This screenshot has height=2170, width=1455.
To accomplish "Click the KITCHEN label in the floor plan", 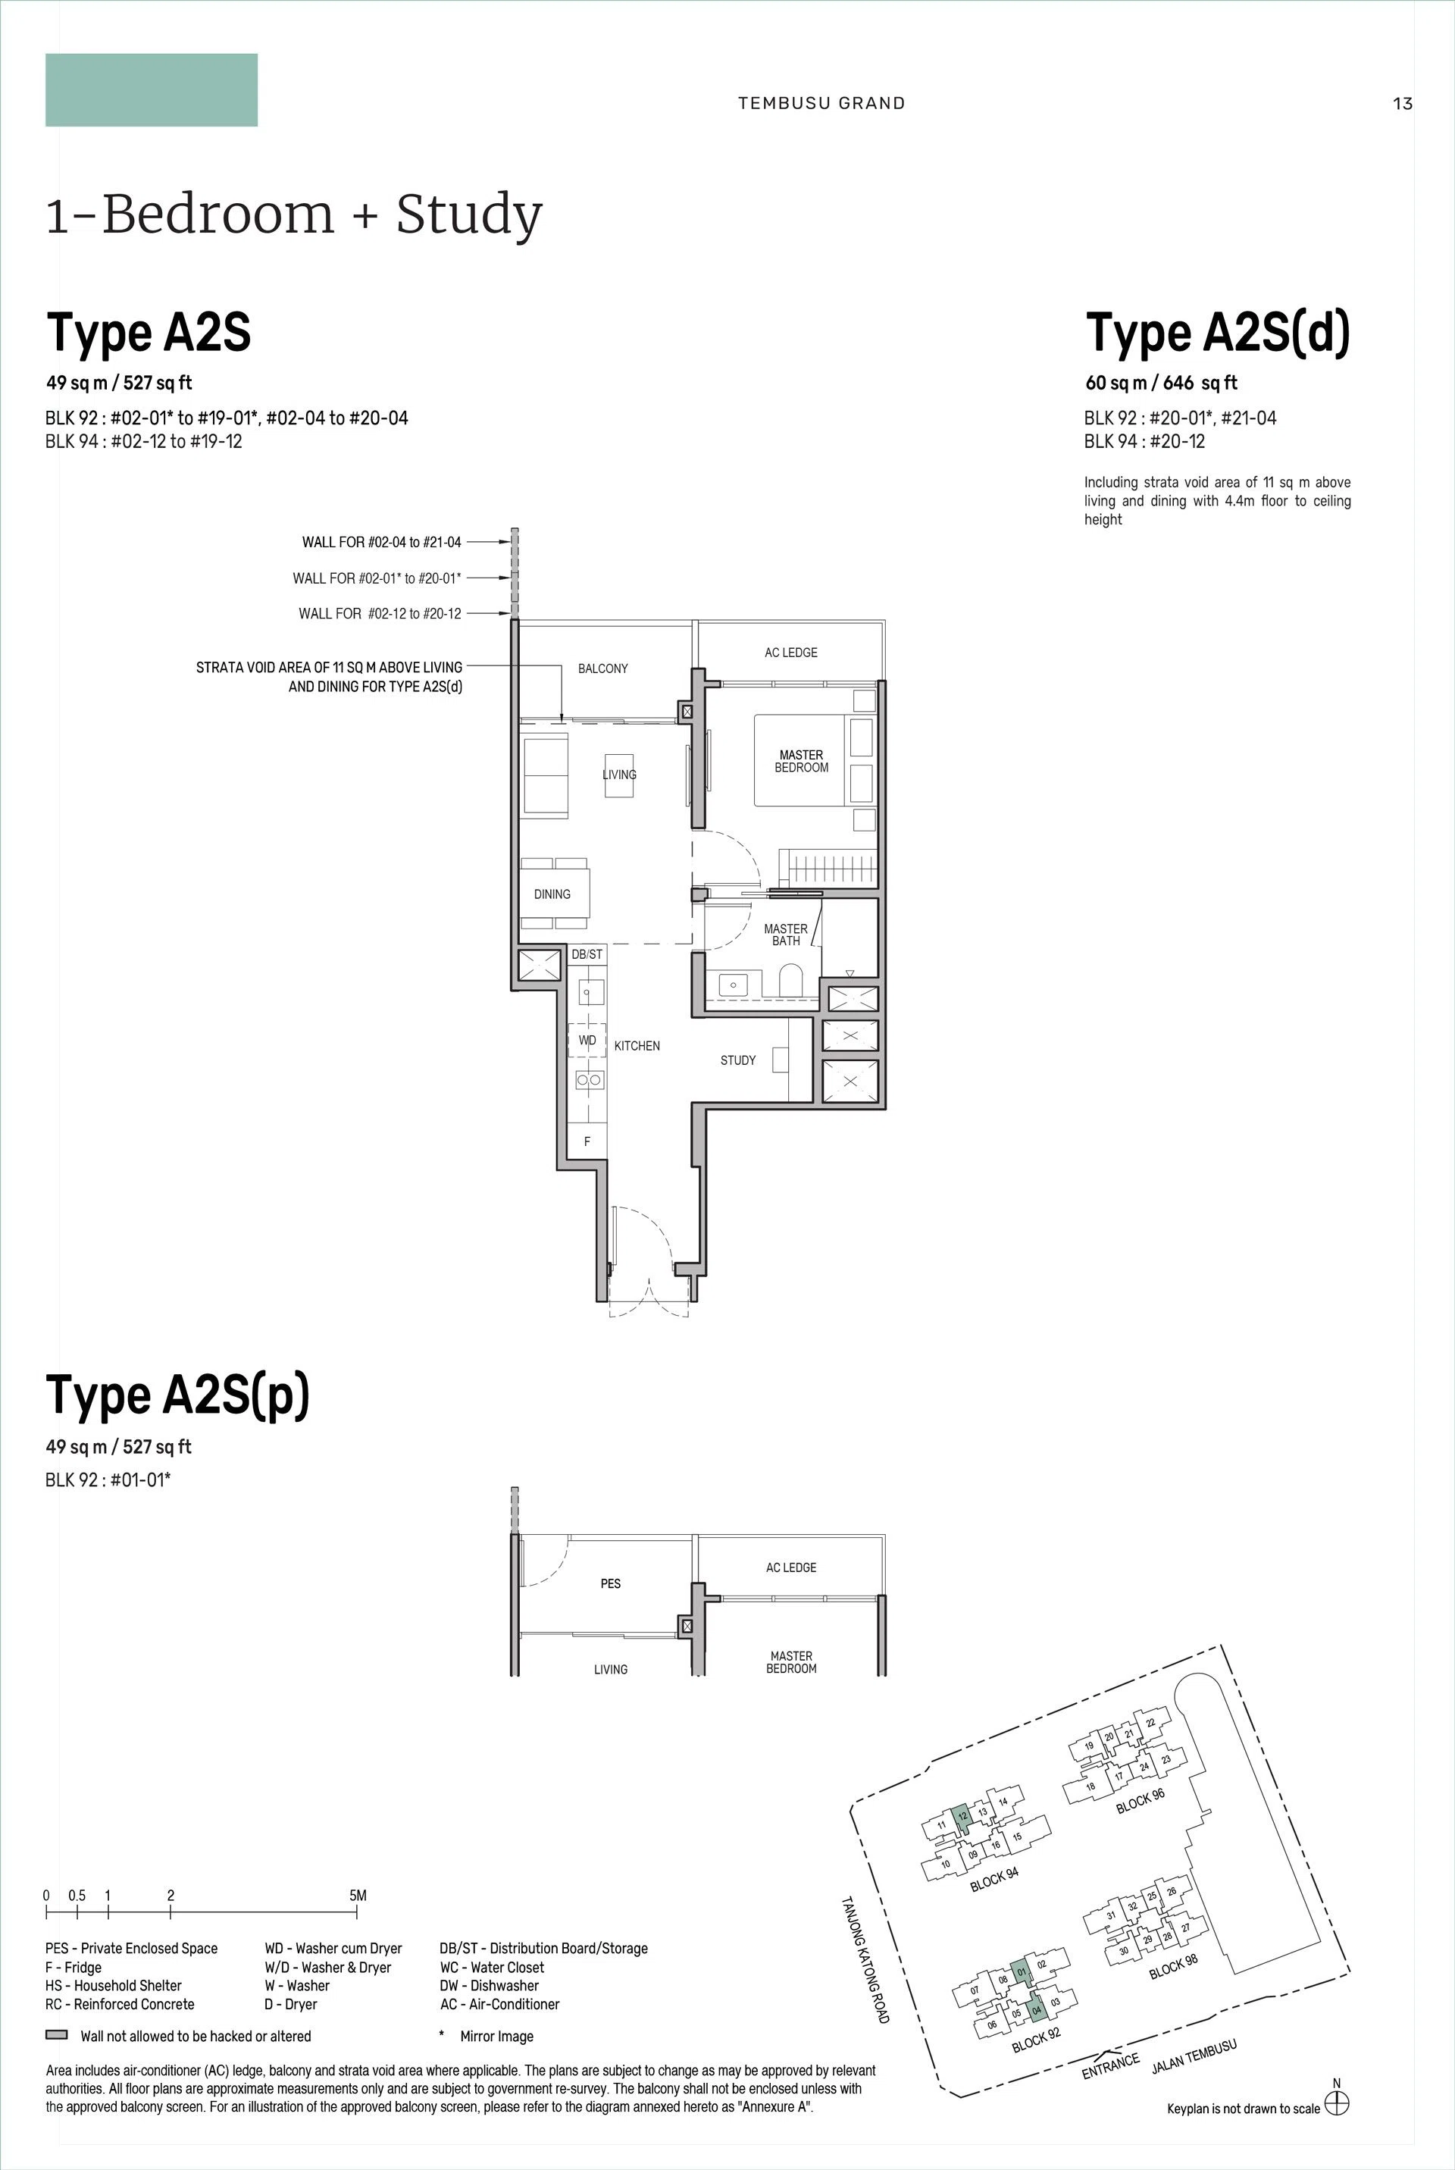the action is pyautogui.click(x=637, y=1046).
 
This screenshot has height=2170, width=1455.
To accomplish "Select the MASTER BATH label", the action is pyautogui.click(x=786, y=935).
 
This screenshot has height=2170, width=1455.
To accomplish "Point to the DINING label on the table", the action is pyautogui.click(x=552, y=894).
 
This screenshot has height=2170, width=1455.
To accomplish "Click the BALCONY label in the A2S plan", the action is pyautogui.click(x=603, y=669).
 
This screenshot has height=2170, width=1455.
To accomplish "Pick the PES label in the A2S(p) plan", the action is pyautogui.click(x=611, y=1583).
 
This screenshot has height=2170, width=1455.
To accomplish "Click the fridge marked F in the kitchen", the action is pyautogui.click(x=587, y=1141).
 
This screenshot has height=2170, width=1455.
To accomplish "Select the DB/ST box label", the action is pyautogui.click(x=587, y=954).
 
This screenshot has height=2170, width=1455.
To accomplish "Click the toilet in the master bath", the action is pyautogui.click(x=791, y=980).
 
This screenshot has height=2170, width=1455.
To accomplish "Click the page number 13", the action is pyautogui.click(x=1402, y=103).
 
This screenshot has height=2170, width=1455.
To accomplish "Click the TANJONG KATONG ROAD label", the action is pyautogui.click(x=865, y=1959).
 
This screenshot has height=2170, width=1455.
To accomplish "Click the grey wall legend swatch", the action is pyautogui.click(x=57, y=2035).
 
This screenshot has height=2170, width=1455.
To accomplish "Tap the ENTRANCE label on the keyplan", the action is pyautogui.click(x=1111, y=2067).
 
